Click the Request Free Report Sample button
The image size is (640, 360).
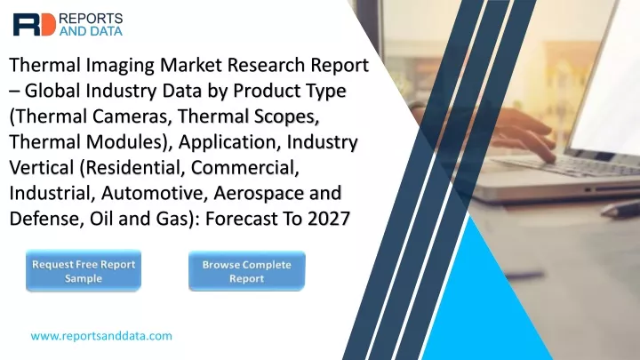coord(84,271)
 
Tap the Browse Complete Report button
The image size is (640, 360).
coord(247,271)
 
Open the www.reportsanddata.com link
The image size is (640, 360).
coord(101,336)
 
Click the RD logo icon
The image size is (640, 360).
coord(35,25)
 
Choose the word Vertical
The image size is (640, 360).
coord(42,168)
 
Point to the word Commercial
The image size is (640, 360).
coord(245,168)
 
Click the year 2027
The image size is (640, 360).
coord(329,220)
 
